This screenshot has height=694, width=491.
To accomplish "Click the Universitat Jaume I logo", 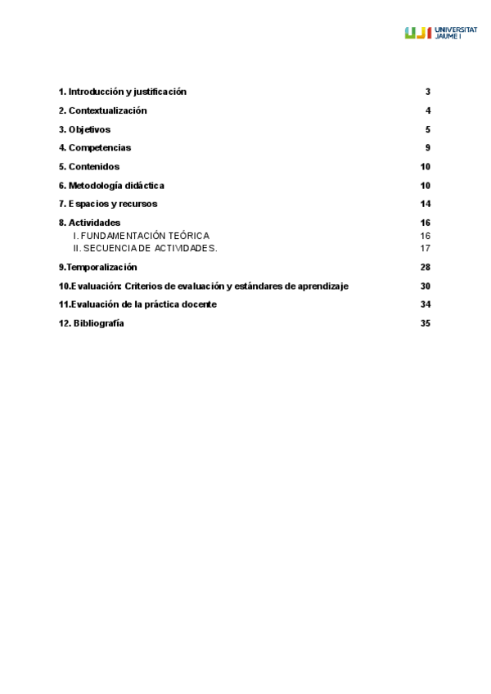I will pos(440,33).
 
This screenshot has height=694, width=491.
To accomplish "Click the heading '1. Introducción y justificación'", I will pos(123,92).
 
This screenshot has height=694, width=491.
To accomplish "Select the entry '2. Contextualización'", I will pos(102,110).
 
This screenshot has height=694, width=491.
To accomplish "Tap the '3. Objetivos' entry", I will pos(84,129).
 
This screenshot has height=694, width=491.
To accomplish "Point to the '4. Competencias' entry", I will pos(95,148).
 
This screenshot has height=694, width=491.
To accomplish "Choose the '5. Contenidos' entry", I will pos(89,167).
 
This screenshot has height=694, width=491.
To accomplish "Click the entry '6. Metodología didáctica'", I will pos(111,186).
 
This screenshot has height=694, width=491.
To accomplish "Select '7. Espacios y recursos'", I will pos(108,204).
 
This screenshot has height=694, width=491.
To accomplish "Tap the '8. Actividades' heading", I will pos(89,223).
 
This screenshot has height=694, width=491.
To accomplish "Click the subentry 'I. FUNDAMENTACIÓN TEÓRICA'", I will pos(141,236).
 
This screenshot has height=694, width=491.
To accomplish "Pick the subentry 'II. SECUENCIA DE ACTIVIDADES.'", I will pos(145,248).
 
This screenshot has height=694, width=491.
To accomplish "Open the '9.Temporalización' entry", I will pos(97,267).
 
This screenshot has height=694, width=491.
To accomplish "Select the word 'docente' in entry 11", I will pos(197,304).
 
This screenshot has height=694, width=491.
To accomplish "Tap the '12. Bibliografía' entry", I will pos(92,323).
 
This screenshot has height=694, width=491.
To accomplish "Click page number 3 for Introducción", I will pos(428,92).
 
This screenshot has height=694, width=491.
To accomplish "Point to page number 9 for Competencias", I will pos(428,148).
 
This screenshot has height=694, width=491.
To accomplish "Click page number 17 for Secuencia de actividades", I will pos(426,248).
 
